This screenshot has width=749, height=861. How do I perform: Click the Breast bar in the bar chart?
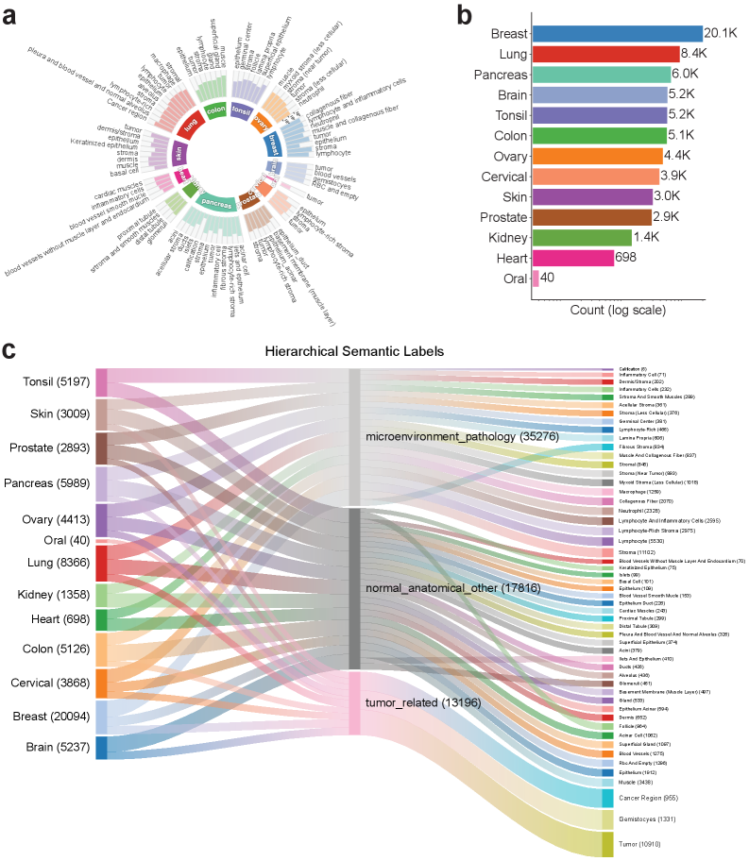(x=616, y=34)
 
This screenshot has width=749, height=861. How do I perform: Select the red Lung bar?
(x=605, y=54)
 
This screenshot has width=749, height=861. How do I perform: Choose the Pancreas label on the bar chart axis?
(x=500, y=75)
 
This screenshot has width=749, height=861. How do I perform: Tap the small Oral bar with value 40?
(x=536, y=278)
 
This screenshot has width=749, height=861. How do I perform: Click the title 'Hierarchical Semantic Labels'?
(x=374, y=351)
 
